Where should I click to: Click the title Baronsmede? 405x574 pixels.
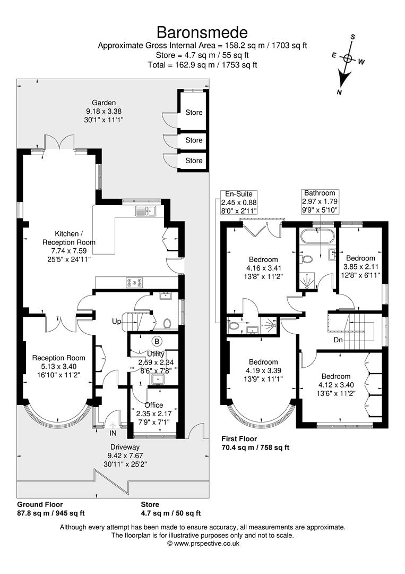(x=202, y=32)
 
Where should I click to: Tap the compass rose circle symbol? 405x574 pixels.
(x=348, y=57)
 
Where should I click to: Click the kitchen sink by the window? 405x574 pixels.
(x=145, y=210)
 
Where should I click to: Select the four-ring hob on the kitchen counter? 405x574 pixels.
(x=134, y=282)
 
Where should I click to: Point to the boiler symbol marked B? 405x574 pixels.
(x=157, y=342)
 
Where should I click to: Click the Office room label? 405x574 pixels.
(x=153, y=405)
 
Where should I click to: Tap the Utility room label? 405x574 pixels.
(x=156, y=353)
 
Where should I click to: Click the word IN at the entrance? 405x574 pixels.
(x=113, y=433)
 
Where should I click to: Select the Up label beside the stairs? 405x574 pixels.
(x=117, y=322)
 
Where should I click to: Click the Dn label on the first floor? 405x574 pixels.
(x=338, y=340)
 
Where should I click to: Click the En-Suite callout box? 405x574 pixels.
(x=239, y=202)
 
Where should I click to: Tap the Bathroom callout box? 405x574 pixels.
(x=320, y=201)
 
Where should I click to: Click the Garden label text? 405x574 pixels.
(x=104, y=103)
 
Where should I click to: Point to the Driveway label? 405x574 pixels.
(x=125, y=447)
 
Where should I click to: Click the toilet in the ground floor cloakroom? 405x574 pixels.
(x=167, y=324)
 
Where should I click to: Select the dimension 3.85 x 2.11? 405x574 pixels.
(x=361, y=266)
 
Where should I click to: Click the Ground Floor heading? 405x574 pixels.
(x=40, y=504)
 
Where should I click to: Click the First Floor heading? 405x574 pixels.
(x=239, y=438)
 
